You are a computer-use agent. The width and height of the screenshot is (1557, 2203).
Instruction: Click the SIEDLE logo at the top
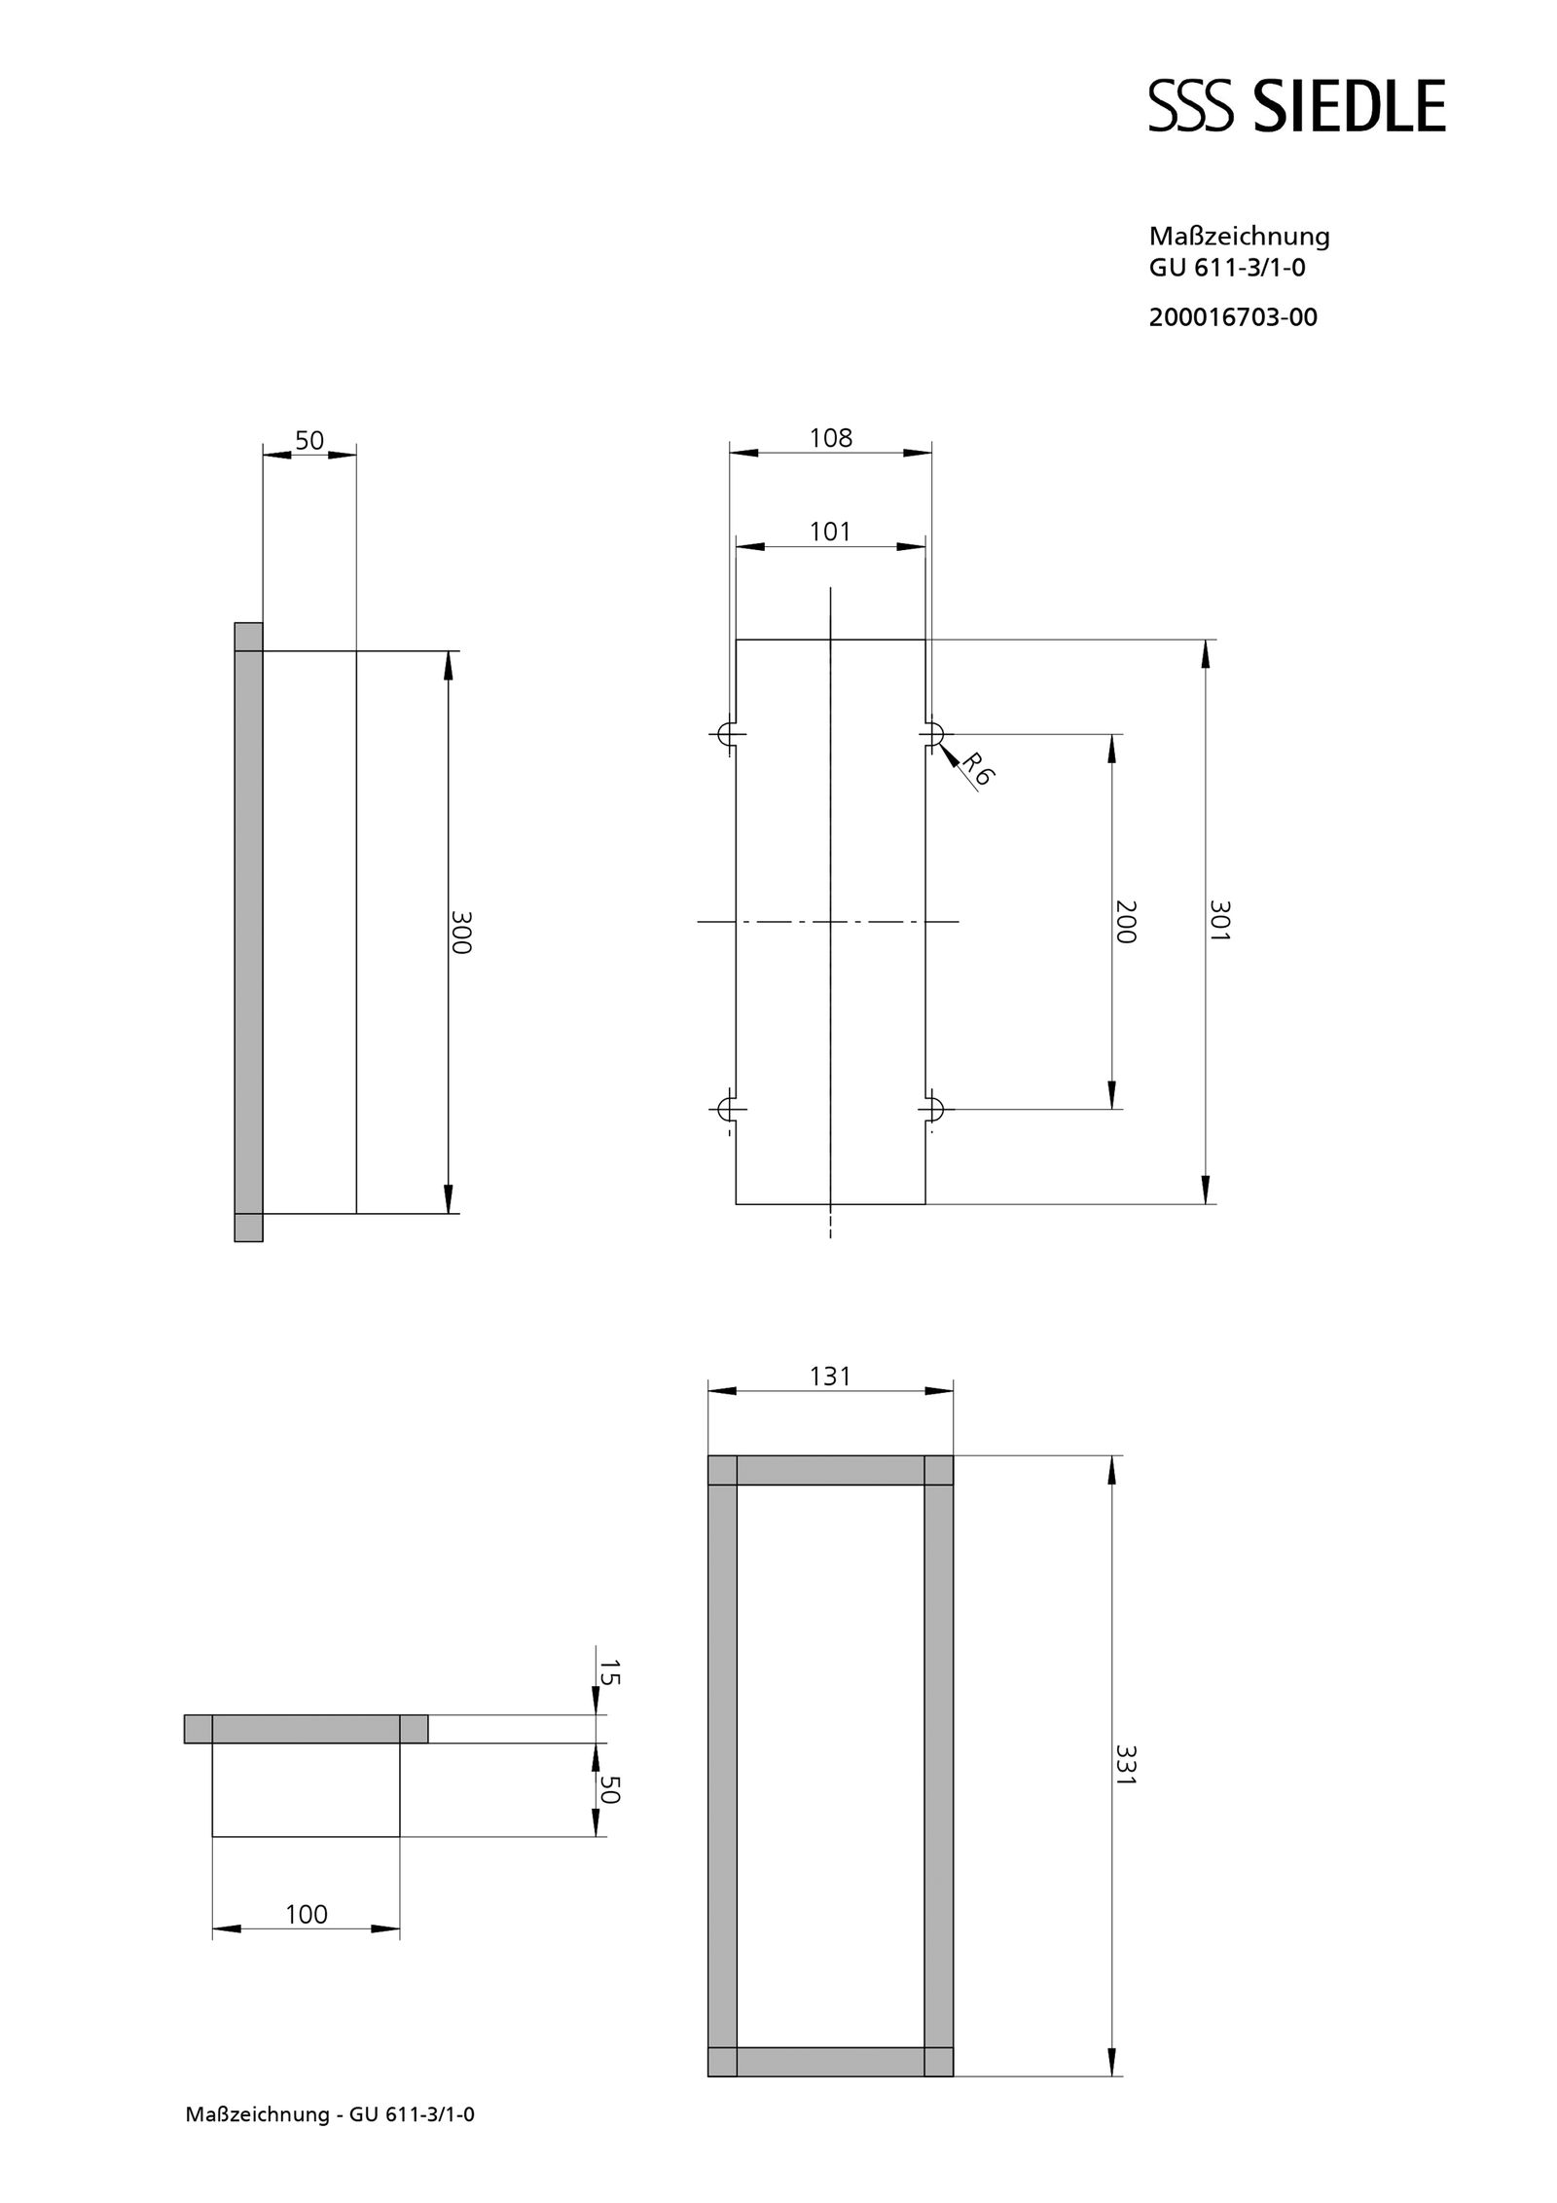(x=1296, y=106)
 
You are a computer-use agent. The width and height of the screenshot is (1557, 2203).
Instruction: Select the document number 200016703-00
(x=1232, y=317)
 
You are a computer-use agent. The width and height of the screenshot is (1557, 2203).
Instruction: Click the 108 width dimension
(x=830, y=438)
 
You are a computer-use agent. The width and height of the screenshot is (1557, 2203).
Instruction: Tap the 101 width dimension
(x=830, y=532)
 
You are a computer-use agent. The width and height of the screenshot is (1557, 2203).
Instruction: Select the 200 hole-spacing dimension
(x=1124, y=921)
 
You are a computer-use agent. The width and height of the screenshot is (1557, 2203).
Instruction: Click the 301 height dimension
(x=1219, y=921)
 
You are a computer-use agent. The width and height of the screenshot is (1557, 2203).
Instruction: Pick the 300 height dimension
(x=460, y=932)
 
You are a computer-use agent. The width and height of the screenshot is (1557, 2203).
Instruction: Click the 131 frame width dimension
(x=830, y=1376)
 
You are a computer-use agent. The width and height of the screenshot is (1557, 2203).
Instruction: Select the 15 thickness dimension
(x=609, y=1672)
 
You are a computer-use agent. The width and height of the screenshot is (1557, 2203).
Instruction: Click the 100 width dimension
(x=306, y=1914)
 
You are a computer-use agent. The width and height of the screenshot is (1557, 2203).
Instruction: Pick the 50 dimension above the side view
(x=309, y=440)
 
